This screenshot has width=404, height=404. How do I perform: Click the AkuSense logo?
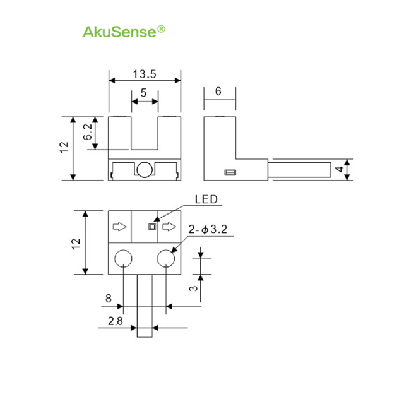[124, 32]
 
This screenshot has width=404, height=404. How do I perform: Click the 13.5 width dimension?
[145, 74]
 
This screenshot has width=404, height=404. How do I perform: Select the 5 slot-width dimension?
[143, 93]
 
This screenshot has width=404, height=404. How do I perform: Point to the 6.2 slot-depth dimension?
[88, 132]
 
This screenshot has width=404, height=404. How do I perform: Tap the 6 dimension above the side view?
[218, 91]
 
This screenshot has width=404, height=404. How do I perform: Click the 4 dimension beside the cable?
[340, 169]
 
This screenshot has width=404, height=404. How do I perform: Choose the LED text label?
[206, 199]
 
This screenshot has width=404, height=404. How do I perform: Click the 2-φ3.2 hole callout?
[208, 229]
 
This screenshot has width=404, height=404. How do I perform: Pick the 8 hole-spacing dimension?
[109, 299]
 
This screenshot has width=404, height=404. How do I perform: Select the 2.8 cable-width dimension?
[116, 321]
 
